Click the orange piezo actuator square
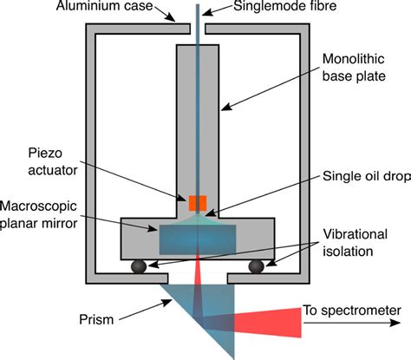tap(197, 203)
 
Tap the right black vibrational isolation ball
tap(257, 265)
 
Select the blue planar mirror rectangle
tap(197, 238)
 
